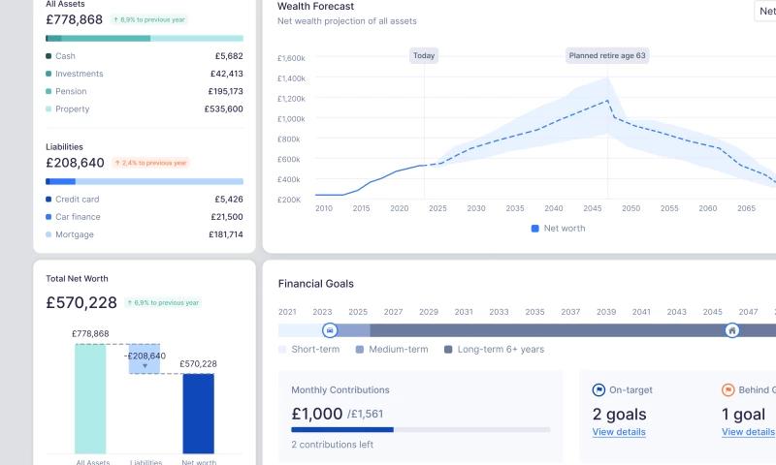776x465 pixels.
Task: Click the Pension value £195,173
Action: coord(225,91)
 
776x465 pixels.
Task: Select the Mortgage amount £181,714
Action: coord(225,234)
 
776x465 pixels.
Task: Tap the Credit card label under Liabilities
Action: coord(77,199)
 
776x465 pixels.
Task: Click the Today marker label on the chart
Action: coord(424,55)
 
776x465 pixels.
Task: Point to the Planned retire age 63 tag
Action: coord(607,55)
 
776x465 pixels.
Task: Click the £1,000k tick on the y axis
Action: coord(291,119)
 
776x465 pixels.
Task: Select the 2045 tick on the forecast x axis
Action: coord(592,208)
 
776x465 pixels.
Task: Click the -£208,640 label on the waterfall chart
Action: coord(145,356)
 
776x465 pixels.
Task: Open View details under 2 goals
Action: coord(619,432)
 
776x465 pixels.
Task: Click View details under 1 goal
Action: coord(748,432)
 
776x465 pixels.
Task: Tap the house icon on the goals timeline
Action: coord(732,330)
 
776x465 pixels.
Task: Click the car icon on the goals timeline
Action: coord(329,330)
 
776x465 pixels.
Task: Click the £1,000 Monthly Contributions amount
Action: coord(317,414)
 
